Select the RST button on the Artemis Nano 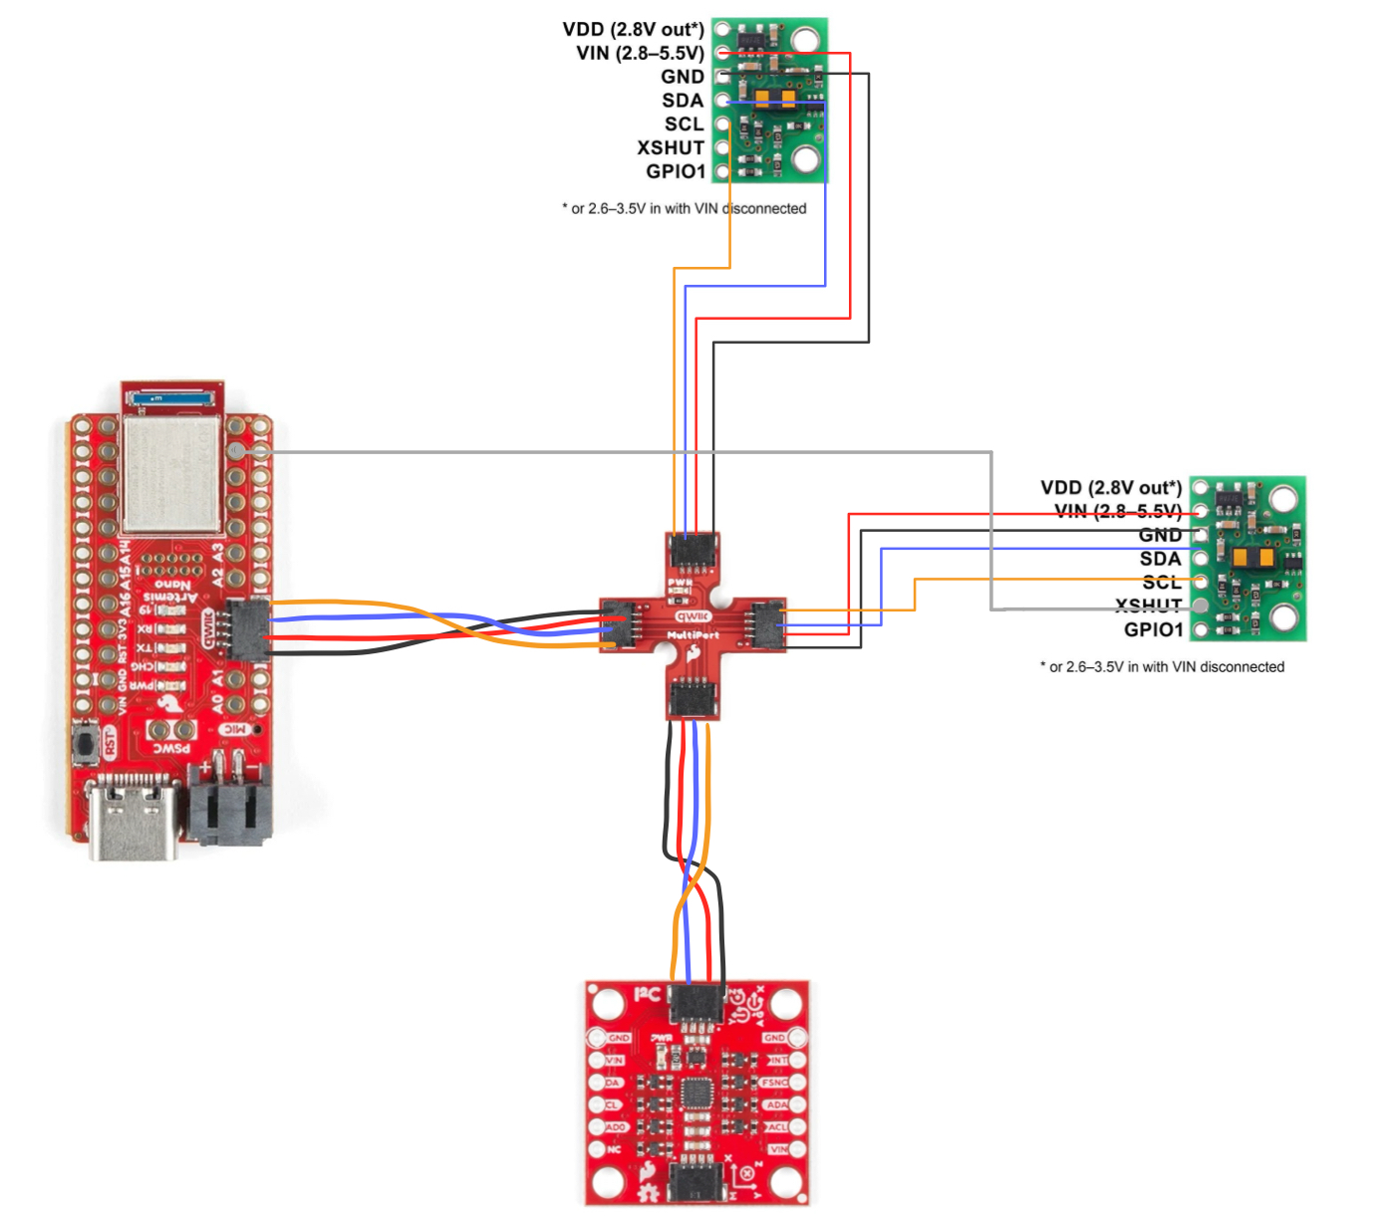coord(87,743)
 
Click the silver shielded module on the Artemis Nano coord(170,474)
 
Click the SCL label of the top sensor coord(684,124)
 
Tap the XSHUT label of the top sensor coord(671,148)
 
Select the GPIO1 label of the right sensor coord(1153,629)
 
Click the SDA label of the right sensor coord(1160,559)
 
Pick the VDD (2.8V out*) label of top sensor coord(633,30)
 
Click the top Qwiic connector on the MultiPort coord(693,551)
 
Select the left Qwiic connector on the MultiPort coord(619,624)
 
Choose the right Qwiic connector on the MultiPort coord(767,624)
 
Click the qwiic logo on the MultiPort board coord(693,616)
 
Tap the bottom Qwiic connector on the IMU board coord(695,1182)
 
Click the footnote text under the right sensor coord(1162,667)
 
